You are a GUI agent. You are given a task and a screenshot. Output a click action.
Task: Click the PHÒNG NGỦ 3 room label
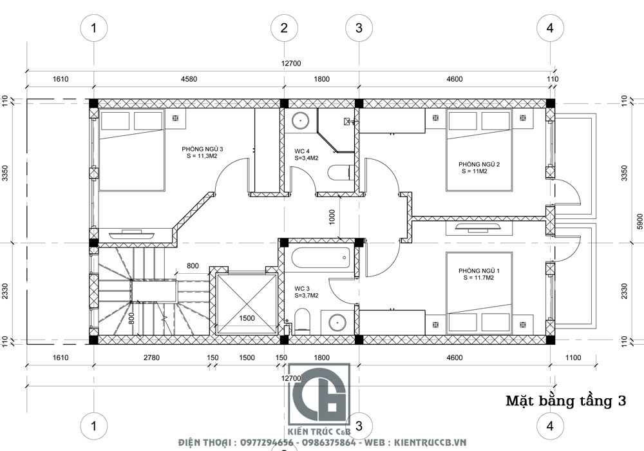pyautogui.click(x=202, y=149)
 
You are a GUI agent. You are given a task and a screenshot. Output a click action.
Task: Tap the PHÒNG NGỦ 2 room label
pyautogui.click(x=479, y=164)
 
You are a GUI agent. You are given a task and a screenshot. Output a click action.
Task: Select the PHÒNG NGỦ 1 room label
pyautogui.click(x=479, y=271)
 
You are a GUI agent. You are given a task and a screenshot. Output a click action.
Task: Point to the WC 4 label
pyautogui.click(x=302, y=151)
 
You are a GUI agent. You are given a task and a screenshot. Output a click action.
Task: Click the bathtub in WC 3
pyautogui.click(x=321, y=258)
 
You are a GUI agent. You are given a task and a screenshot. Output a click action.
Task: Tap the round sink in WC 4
pyautogui.click(x=301, y=120)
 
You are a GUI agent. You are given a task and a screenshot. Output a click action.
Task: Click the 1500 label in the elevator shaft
pyautogui.click(x=247, y=318)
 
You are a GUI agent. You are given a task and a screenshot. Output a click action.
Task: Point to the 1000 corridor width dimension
pyautogui.click(x=332, y=217)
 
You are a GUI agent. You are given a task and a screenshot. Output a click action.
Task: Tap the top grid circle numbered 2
pyautogui.click(x=284, y=28)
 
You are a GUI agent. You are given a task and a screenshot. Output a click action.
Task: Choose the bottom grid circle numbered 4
pyautogui.click(x=550, y=425)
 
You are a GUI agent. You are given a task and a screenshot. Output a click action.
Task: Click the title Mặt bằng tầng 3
pyautogui.click(x=565, y=401)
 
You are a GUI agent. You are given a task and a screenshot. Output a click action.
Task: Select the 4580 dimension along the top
pyautogui.click(x=189, y=79)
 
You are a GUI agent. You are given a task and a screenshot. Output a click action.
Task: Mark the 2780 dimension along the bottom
pyautogui.click(x=151, y=358)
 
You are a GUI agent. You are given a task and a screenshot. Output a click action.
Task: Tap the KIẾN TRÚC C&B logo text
pyautogui.click(x=319, y=432)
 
